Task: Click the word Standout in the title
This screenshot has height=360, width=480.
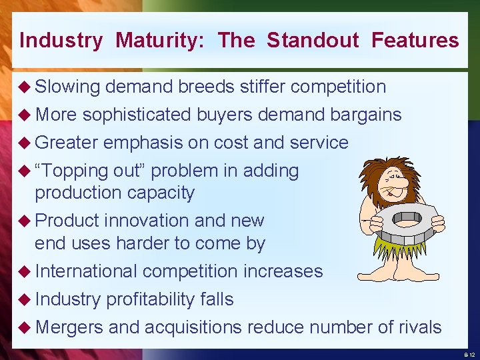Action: pos(313,41)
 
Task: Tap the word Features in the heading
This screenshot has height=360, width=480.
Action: pos(415,41)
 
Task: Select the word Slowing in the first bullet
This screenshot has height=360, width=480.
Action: pos(67,87)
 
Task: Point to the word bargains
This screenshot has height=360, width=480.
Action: pos(365,115)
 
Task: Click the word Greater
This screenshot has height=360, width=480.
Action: pos(67,143)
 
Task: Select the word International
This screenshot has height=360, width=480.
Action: pos(86,271)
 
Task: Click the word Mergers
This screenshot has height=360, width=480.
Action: pos(69,327)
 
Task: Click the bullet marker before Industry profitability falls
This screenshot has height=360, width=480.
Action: pos(25,299)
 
